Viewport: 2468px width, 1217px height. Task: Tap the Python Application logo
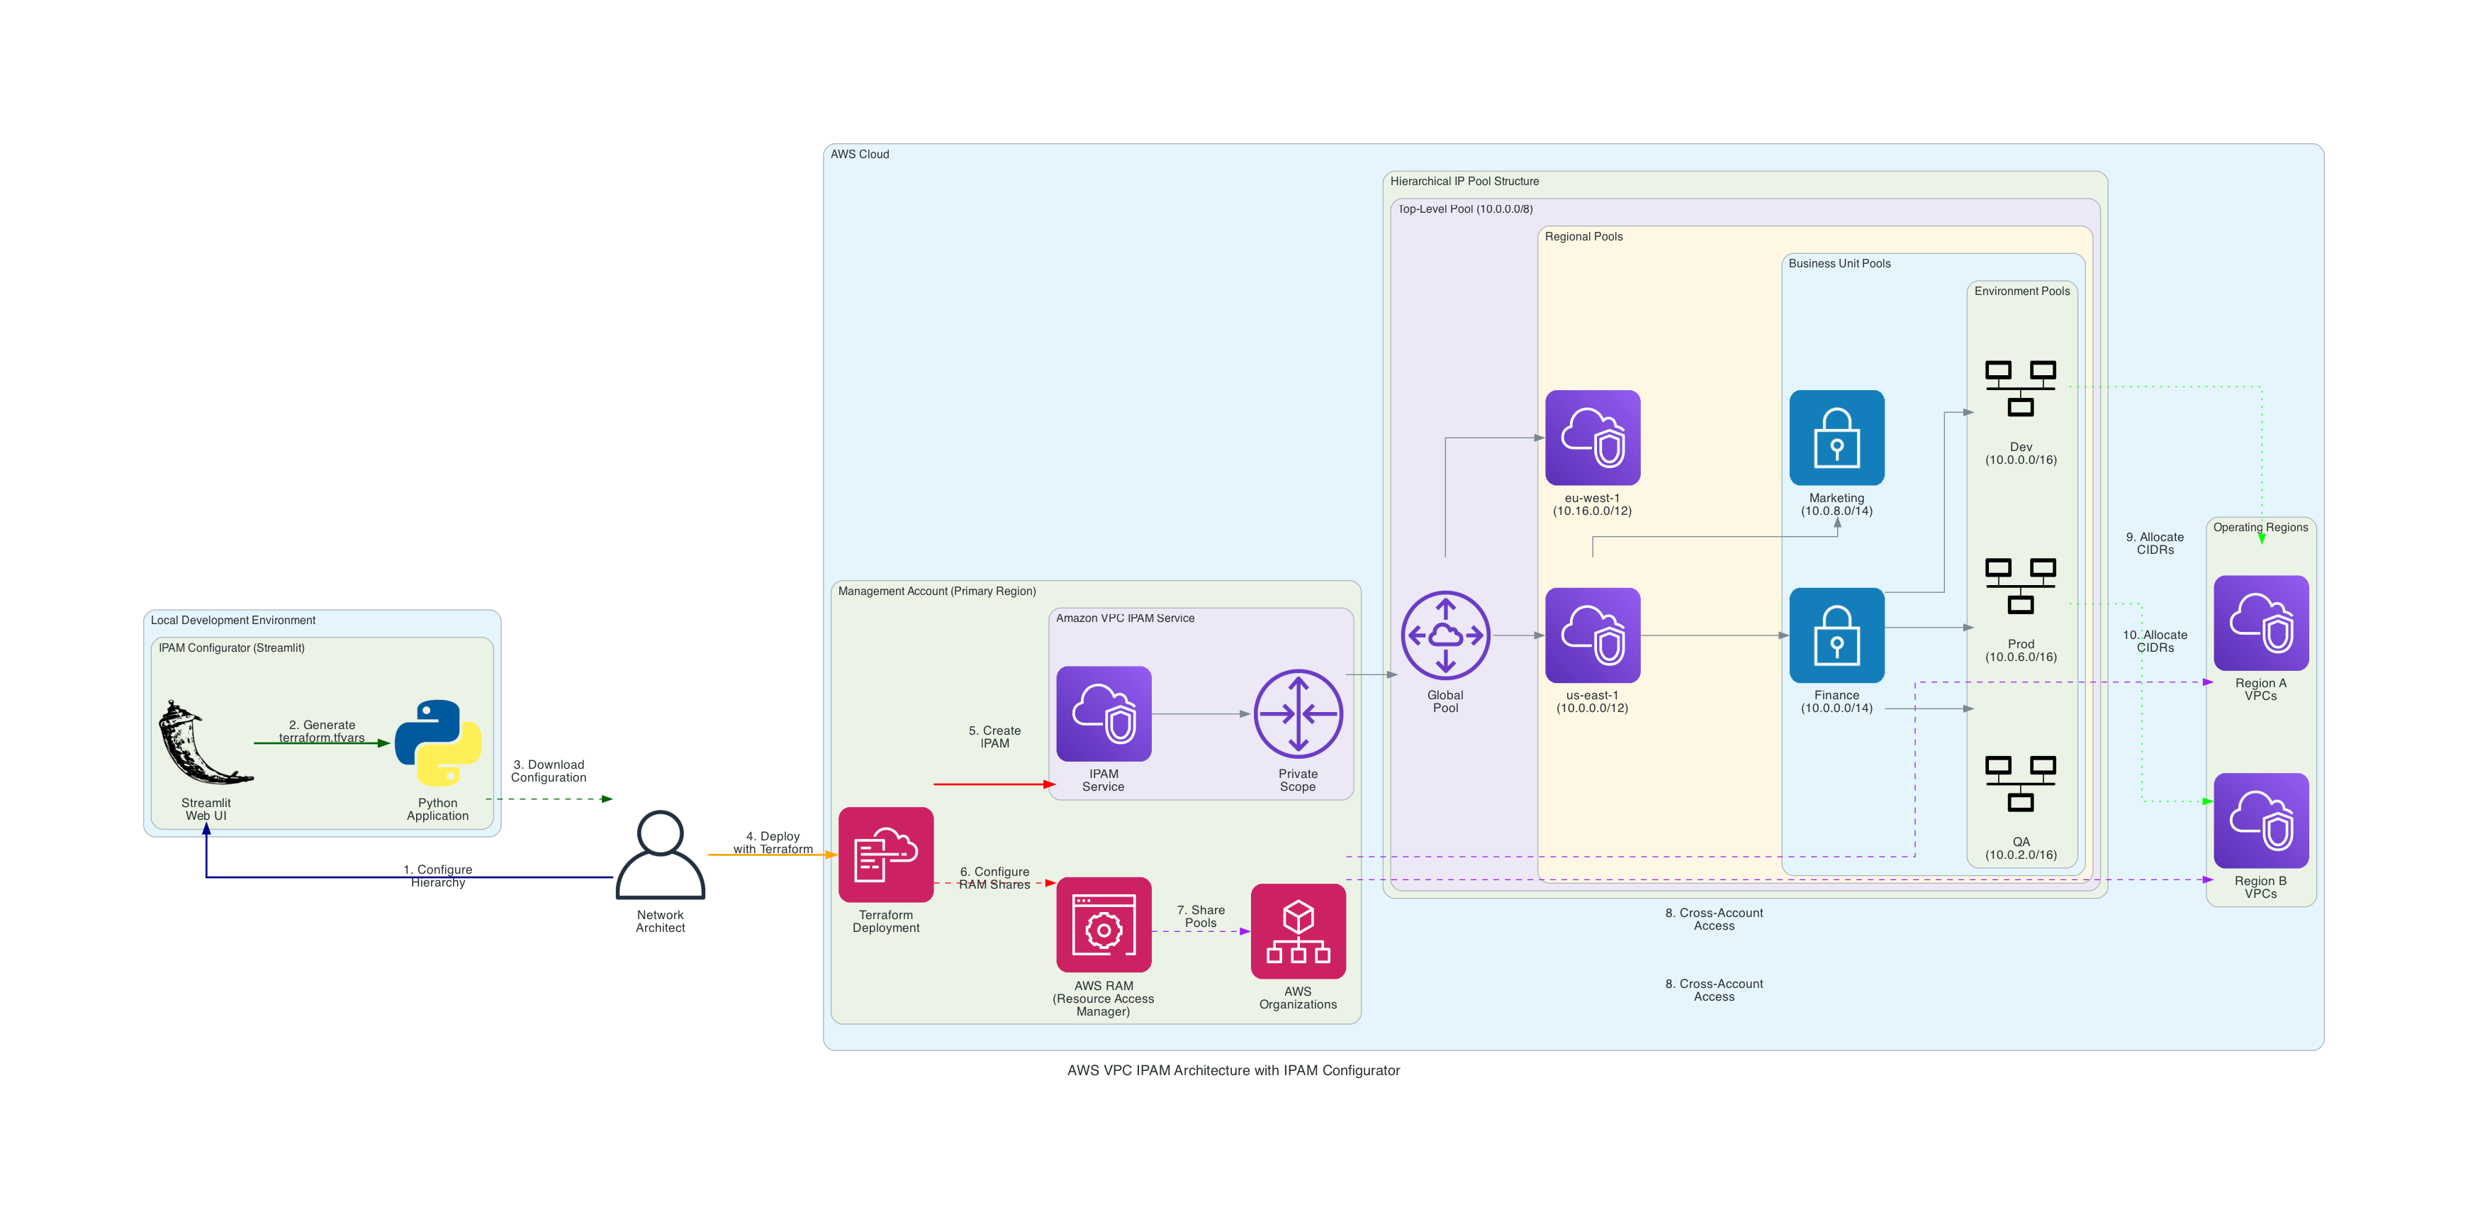click(x=438, y=743)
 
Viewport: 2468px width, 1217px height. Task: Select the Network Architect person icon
click(x=660, y=855)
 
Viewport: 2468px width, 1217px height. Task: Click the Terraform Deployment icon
click(x=885, y=854)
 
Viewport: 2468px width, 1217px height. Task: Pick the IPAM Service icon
click(x=1104, y=714)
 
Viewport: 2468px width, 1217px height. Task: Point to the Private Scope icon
click(x=1298, y=714)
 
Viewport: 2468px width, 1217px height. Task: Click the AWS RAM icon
click(x=1104, y=925)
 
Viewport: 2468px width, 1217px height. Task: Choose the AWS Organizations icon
click(x=1298, y=930)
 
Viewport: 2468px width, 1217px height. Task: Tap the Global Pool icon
click(x=1445, y=635)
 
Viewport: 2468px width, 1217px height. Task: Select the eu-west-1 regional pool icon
click(x=1593, y=438)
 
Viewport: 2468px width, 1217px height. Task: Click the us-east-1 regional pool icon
click(x=1593, y=635)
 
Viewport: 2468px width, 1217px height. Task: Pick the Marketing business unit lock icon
click(x=1836, y=438)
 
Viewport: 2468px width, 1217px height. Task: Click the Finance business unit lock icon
click(x=1836, y=635)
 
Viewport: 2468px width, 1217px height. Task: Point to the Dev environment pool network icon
click(x=2021, y=388)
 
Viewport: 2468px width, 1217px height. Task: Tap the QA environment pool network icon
click(x=2021, y=783)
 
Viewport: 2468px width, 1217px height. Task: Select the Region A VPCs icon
click(x=2261, y=623)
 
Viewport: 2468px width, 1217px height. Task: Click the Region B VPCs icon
click(x=2261, y=821)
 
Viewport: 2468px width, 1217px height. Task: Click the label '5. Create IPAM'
click(x=994, y=737)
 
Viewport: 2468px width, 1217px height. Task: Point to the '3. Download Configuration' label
click(x=548, y=770)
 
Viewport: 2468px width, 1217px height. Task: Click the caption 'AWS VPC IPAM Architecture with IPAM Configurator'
click(x=1233, y=1070)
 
